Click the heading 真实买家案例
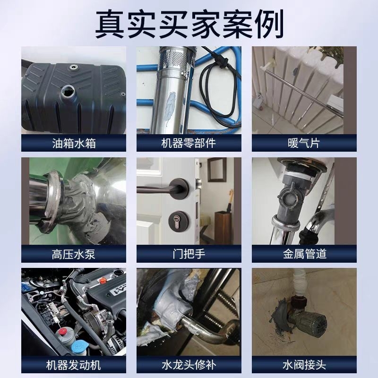[189, 24]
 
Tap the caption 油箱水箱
[74, 143]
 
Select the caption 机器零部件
[189, 143]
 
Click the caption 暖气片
[304, 143]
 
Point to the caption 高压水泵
[74, 254]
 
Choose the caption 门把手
[189, 254]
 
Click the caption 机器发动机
[73, 365]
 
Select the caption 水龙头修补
[189, 365]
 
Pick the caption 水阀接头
[304, 365]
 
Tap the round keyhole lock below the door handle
[179, 220]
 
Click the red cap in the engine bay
[63, 331]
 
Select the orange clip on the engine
[103, 280]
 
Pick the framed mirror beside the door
[217, 170]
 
